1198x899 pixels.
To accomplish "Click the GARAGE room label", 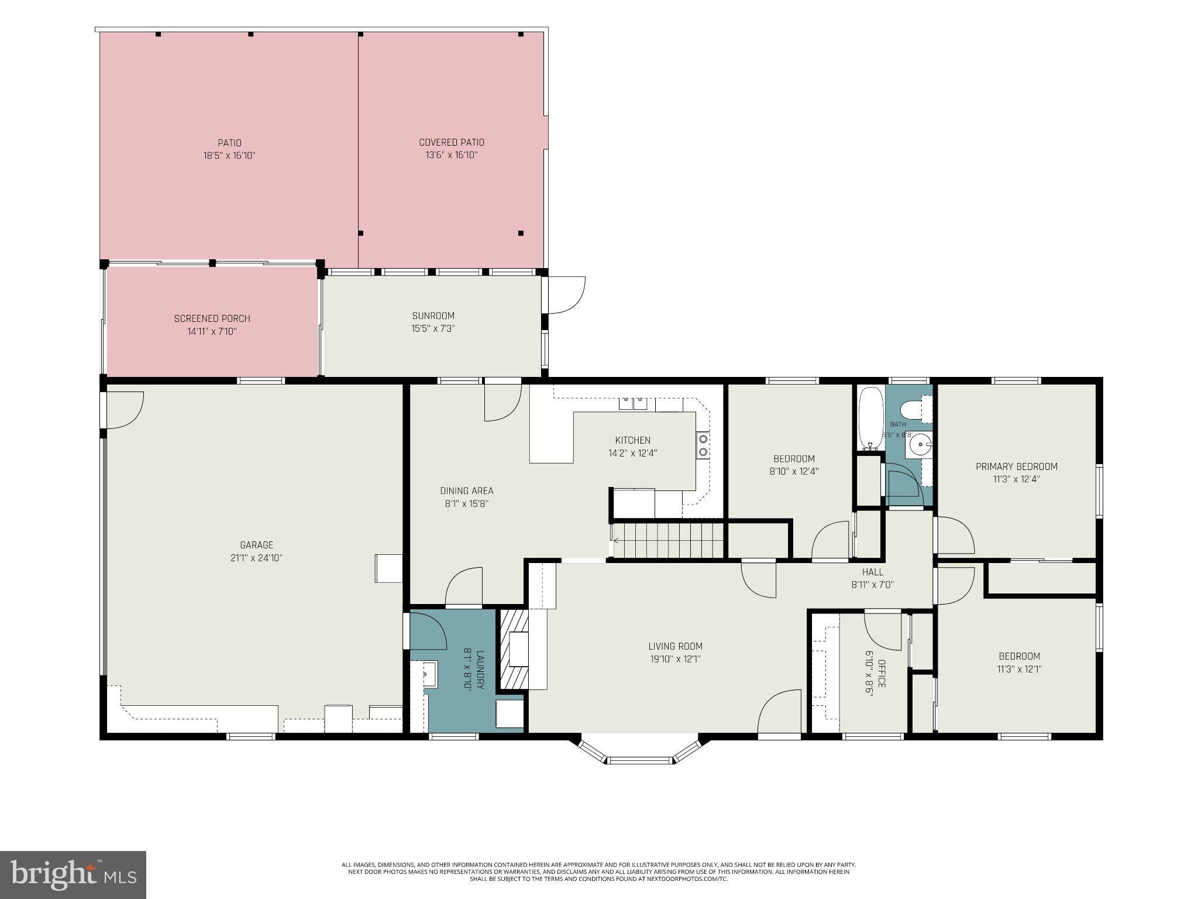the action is pyautogui.click(x=257, y=545).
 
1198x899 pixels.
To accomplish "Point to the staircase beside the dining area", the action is pyautogui.click(x=668, y=541).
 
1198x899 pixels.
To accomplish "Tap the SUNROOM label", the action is pyautogui.click(x=433, y=316).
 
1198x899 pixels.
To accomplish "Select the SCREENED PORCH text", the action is pyautogui.click(x=212, y=319).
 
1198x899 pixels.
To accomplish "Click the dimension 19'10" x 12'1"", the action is pyautogui.click(x=675, y=659).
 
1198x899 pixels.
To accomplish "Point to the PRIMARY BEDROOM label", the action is pyautogui.click(x=1017, y=466).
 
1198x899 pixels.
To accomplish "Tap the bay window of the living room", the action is pyautogui.click(x=641, y=752).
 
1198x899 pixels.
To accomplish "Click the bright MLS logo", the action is pyautogui.click(x=73, y=875).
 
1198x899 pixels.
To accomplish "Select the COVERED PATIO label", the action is pyautogui.click(x=452, y=142).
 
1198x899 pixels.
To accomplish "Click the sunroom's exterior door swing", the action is pyautogui.click(x=566, y=295).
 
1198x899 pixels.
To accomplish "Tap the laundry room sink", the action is pyautogui.click(x=429, y=674).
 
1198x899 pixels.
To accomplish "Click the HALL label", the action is pyautogui.click(x=873, y=572).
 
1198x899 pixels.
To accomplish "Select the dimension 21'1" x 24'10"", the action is pyautogui.click(x=257, y=558).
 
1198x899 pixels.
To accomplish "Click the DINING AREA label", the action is pyautogui.click(x=467, y=491).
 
